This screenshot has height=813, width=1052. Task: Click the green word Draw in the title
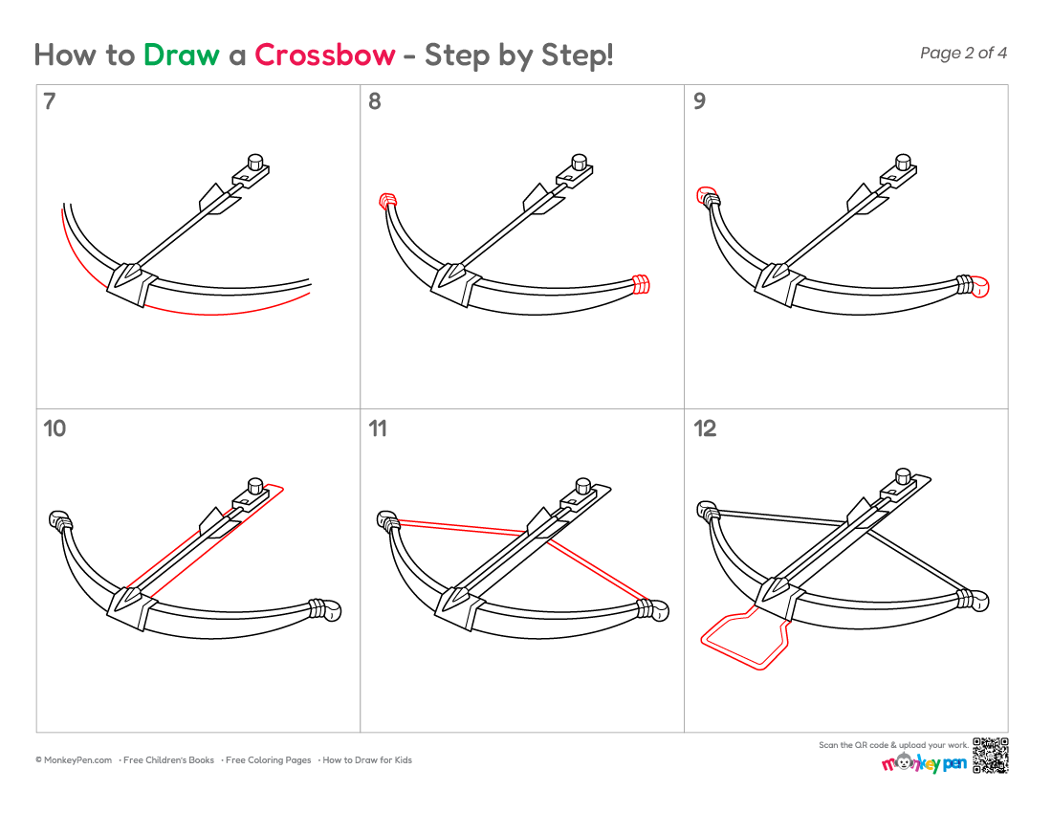[181, 55]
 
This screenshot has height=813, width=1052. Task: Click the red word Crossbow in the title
[325, 55]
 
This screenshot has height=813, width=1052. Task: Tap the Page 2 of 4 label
[963, 53]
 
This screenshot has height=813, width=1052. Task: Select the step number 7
[49, 101]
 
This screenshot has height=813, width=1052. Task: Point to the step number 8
[374, 101]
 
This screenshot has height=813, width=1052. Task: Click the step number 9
[699, 101]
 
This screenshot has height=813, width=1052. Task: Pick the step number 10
[55, 428]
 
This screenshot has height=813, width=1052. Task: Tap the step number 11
[378, 428]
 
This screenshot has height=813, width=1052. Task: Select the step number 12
[705, 428]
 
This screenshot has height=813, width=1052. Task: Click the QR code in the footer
[990, 756]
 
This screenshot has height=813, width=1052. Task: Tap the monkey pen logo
[925, 763]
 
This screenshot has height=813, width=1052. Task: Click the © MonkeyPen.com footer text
[74, 760]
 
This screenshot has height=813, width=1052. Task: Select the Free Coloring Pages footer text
[268, 760]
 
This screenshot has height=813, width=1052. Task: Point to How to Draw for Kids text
[366, 760]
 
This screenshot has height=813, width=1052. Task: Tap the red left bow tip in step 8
[387, 201]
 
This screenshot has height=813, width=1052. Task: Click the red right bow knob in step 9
[980, 286]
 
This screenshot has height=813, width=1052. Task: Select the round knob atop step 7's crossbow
[255, 162]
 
